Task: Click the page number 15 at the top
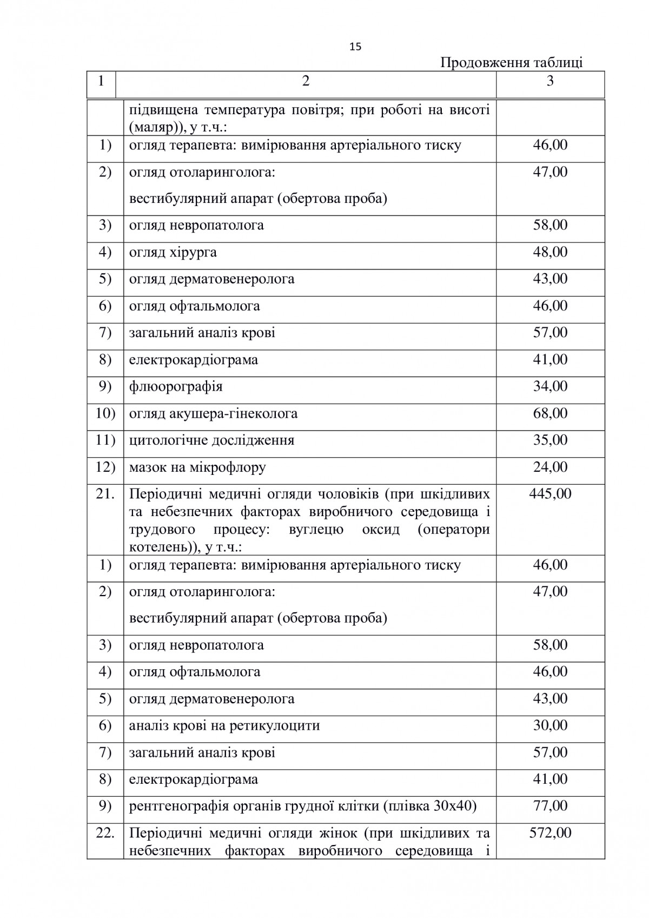355,47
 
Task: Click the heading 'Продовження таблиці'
511,63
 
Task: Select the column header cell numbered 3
550,82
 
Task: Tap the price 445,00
550,494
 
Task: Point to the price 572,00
550,833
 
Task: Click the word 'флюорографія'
176,387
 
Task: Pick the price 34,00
550,387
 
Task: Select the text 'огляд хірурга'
173,253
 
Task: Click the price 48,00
550,253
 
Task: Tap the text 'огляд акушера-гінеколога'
213,414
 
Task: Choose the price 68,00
550,414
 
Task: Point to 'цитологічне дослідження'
211,440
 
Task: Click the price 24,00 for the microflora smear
550,467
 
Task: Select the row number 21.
105,494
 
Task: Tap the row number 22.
105,833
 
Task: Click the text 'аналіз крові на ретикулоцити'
224,726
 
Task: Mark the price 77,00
550,806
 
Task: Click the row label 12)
105,467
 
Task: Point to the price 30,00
550,725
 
